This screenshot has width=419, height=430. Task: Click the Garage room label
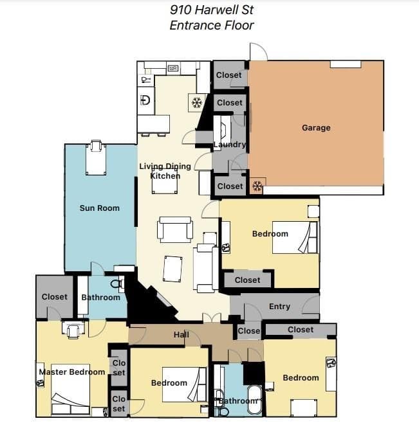tap(316, 128)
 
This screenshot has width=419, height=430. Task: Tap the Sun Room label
tap(99, 208)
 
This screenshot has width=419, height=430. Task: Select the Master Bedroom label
tap(72, 372)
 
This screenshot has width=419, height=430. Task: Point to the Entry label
tap(279, 307)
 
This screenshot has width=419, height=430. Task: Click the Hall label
tap(182, 335)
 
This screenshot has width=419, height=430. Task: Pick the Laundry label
tap(230, 145)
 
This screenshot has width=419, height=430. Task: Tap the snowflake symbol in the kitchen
tap(196, 103)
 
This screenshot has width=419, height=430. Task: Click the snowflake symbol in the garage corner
tap(257, 186)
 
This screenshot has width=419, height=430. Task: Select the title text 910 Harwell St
tap(212, 10)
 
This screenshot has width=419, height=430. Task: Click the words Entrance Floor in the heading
tap(212, 26)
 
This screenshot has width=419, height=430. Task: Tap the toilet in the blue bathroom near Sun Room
tap(117, 283)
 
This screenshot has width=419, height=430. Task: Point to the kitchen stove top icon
tap(172, 67)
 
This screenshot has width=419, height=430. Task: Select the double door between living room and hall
tap(211, 318)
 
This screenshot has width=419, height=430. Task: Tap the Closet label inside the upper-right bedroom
tap(247, 280)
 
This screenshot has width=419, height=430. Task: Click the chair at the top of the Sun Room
tap(96, 145)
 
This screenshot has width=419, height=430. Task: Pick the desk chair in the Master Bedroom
tap(73, 331)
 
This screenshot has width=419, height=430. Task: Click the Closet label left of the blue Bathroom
tap(54, 297)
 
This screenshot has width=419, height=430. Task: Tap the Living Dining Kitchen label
tap(165, 171)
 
